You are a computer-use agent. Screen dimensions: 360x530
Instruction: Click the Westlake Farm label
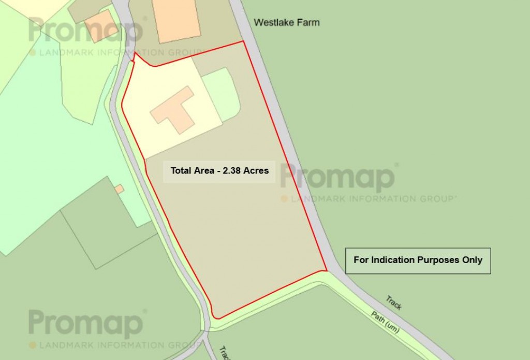click(x=286, y=22)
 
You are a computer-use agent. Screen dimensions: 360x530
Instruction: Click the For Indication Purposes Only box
click(x=418, y=260)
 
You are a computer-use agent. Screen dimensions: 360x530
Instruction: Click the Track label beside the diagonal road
click(x=394, y=303)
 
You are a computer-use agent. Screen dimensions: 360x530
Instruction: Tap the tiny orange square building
click(x=120, y=189)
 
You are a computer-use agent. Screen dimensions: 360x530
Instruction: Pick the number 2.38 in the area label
click(x=232, y=170)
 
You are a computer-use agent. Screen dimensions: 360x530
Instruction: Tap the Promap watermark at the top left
click(x=86, y=31)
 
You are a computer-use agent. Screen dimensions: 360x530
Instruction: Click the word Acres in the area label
click(x=257, y=170)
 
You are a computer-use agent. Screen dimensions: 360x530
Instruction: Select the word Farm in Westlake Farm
click(x=308, y=22)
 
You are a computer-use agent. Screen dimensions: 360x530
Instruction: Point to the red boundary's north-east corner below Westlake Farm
click(x=243, y=42)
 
